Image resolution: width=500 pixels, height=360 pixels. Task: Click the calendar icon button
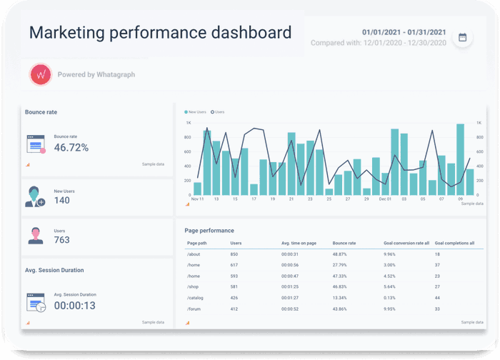click(x=462, y=38)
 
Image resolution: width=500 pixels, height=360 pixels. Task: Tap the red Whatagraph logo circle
click(x=41, y=74)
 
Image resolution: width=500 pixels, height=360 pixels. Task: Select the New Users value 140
click(x=62, y=201)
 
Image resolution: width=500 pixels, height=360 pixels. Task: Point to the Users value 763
click(x=62, y=240)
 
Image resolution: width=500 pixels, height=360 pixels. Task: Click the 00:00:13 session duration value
click(x=75, y=305)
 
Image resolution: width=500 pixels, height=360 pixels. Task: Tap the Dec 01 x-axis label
click(x=385, y=199)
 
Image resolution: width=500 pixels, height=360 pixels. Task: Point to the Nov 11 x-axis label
click(x=198, y=199)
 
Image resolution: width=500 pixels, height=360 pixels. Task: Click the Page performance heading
click(x=209, y=231)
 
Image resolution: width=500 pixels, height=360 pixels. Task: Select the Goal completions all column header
click(x=454, y=243)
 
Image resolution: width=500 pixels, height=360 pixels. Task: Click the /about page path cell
click(x=193, y=254)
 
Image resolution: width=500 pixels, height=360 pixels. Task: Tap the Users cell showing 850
click(x=234, y=254)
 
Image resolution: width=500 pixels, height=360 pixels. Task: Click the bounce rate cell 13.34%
click(x=341, y=298)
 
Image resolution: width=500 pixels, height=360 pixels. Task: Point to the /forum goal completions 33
click(x=437, y=309)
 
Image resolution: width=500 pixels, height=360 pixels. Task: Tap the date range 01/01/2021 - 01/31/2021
click(x=404, y=32)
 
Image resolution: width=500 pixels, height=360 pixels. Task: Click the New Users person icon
click(x=35, y=196)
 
